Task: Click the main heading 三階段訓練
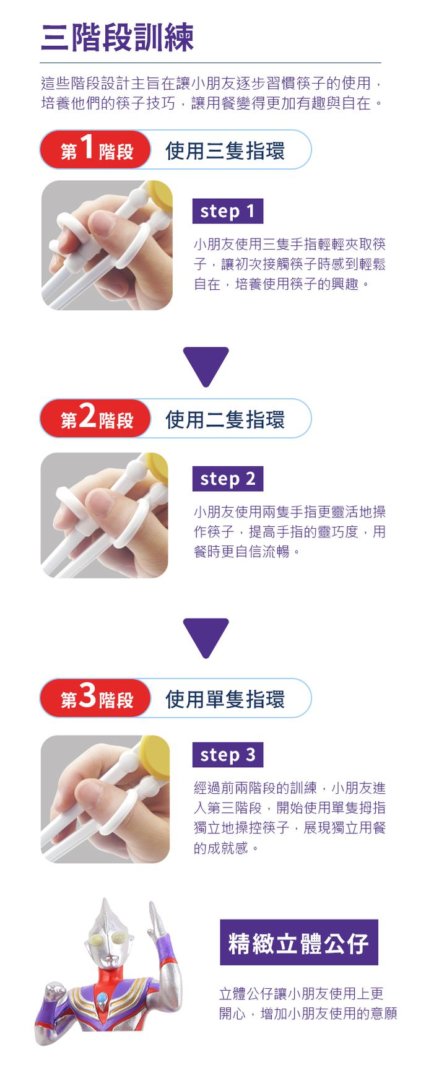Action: pos(118,37)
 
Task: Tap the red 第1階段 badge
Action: pos(96,150)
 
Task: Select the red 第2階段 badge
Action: pos(96,419)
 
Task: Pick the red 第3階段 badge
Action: pos(96,698)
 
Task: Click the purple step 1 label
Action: pos(228,211)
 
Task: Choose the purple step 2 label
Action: pos(228,479)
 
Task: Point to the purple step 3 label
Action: pos(228,754)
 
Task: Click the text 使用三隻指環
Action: pos(225,150)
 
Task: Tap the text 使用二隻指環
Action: pos(225,419)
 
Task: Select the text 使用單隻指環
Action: pos(225,699)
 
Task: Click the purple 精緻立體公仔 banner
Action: pos(299,942)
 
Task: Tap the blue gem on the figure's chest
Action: pos(102,998)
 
